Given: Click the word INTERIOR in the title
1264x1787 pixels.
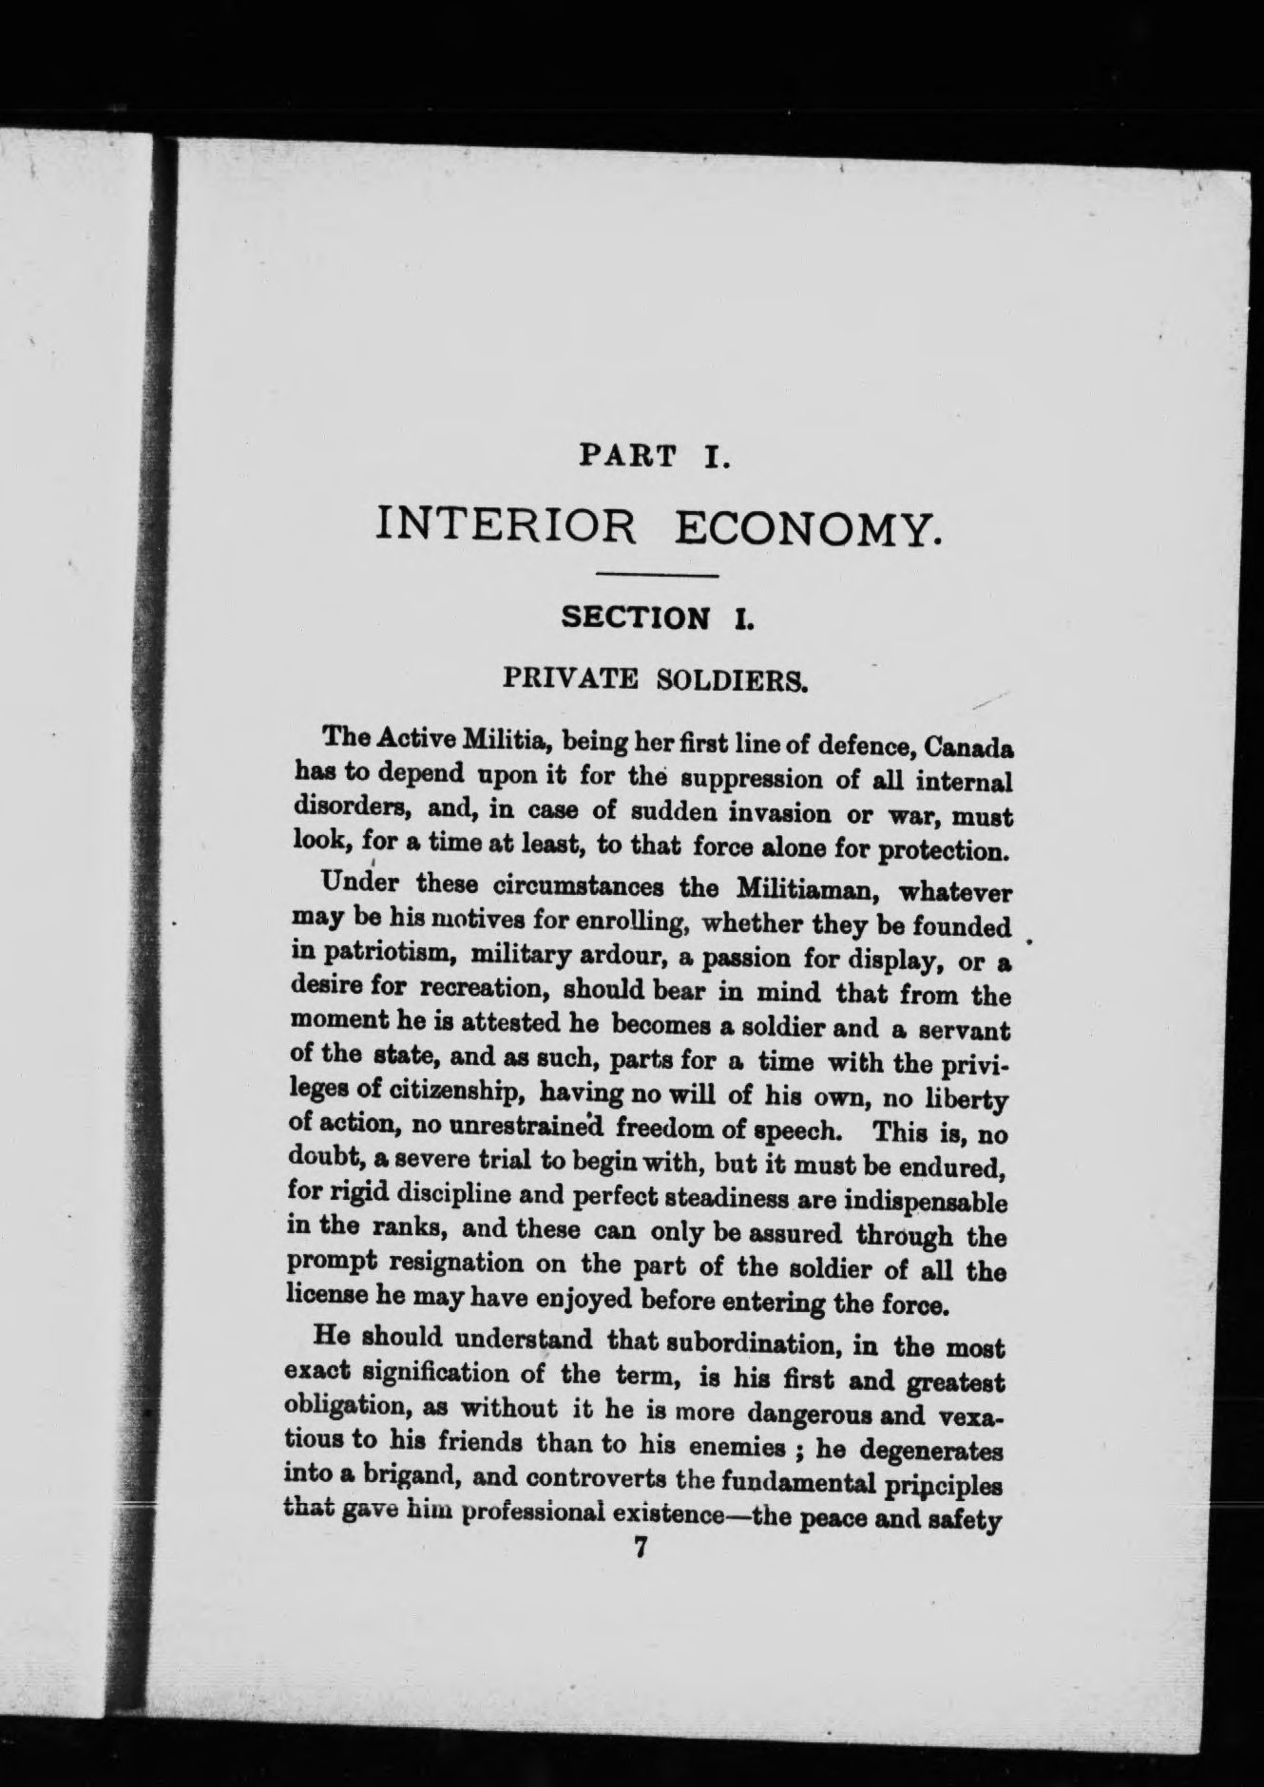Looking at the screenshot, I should click(507, 526).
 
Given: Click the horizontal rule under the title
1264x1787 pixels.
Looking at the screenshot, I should click(656, 576).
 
